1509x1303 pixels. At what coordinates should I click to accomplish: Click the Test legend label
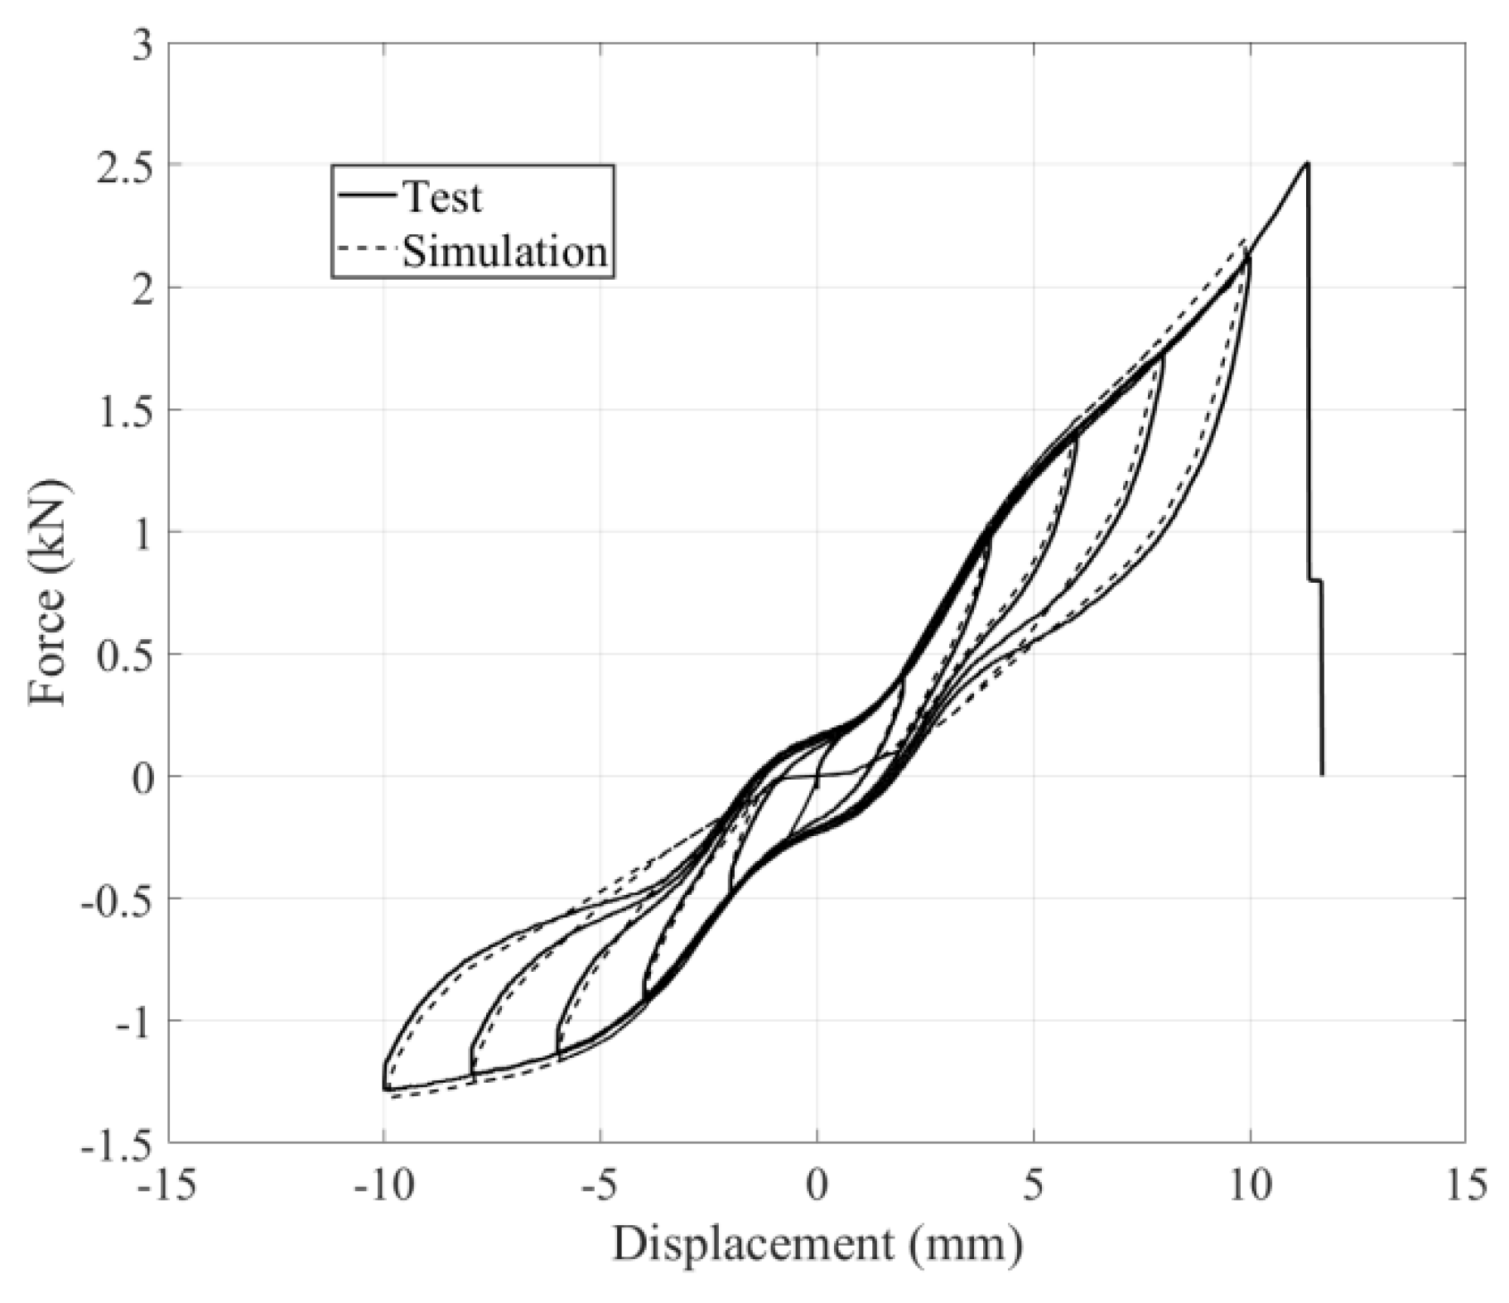pyautogui.click(x=441, y=198)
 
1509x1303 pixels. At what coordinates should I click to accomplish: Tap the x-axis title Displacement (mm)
pyautogui.click(x=817, y=1243)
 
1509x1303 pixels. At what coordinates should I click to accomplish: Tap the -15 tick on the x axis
pyautogui.click(x=168, y=1186)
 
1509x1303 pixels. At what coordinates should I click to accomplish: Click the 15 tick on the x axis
pyautogui.click(x=1464, y=1186)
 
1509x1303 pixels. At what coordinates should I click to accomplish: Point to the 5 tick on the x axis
pyautogui.click(x=1034, y=1186)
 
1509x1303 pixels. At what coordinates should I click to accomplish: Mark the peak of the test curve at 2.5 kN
pyautogui.click(x=1307, y=163)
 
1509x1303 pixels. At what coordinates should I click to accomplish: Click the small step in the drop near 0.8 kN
pyautogui.click(x=1314, y=580)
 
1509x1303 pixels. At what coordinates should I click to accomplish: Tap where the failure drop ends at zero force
pyautogui.click(x=1322, y=774)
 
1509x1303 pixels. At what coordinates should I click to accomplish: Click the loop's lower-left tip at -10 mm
pyautogui.click(x=385, y=1089)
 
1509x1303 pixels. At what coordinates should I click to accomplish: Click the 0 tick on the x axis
pyautogui.click(x=817, y=1186)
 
